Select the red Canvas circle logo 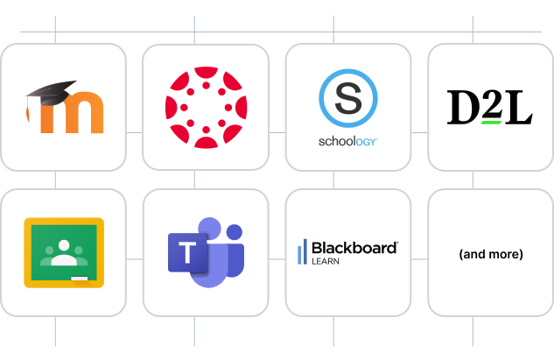[x=206, y=106]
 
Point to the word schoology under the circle [x=347, y=141]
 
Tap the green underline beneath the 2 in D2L [x=490, y=123]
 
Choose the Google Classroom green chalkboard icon [x=63, y=252]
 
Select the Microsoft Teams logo [x=206, y=254]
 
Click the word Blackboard [x=354, y=248]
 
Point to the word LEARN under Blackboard [x=326, y=261]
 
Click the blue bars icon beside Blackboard [x=303, y=251]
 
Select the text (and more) [x=490, y=254]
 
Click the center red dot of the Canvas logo [x=206, y=106]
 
